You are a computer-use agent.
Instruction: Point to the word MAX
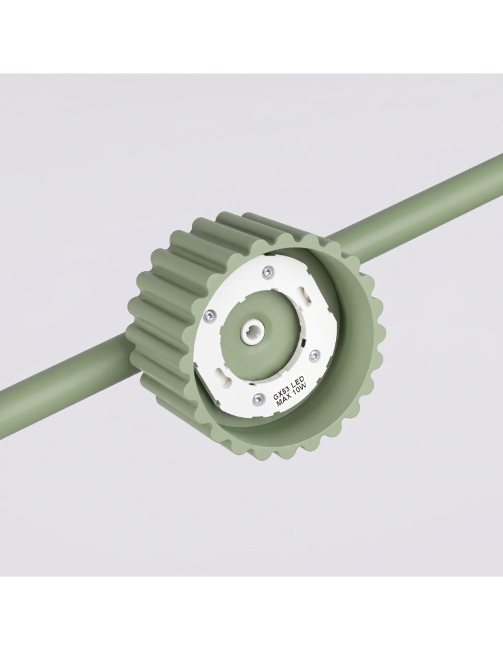click(285, 399)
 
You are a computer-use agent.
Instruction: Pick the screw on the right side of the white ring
click(316, 354)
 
